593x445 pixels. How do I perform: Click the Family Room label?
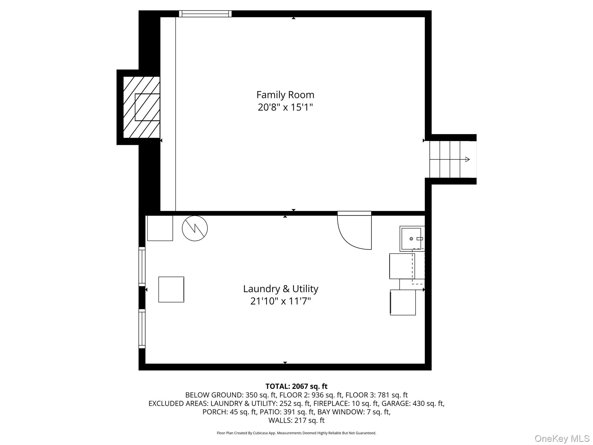point(285,95)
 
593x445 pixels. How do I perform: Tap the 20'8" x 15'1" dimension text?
point(285,107)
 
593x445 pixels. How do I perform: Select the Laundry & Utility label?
point(281,289)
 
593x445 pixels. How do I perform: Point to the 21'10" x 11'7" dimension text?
point(281,301)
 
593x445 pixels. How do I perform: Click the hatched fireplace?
point(142,107)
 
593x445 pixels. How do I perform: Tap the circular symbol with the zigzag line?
point(195,228)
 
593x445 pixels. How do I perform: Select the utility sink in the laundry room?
point(412,238)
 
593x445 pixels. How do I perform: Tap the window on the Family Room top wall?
point(205,14)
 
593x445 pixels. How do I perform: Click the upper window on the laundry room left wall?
point(142,267)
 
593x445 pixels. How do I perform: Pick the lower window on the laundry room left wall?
point(142,329)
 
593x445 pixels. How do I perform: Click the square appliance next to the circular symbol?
point(160,228)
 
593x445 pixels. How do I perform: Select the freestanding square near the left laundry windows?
point(171,289)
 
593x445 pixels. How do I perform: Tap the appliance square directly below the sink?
point(402,266)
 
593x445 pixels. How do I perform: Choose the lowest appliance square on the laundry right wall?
point(403,302)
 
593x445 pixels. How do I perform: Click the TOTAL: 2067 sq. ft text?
point(296,386)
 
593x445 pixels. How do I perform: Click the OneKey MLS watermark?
point(562,439)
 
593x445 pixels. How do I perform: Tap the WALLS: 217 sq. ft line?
point(296,420)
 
